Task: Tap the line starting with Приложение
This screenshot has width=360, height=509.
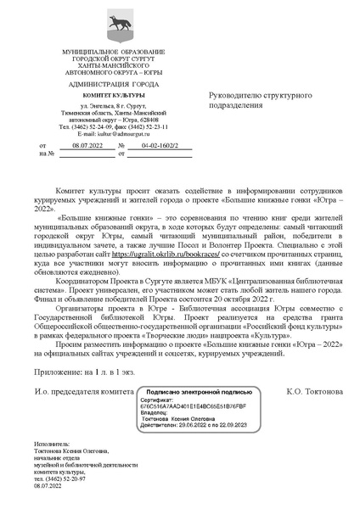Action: tap(85, 347)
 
